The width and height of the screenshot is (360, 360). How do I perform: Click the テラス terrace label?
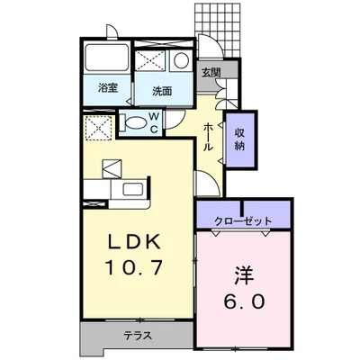coord(138,336)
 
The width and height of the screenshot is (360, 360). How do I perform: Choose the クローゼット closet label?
coord(244,219)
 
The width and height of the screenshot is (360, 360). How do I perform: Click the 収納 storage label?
coord(241,139)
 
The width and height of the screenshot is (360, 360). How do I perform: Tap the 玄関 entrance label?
coord(211,71)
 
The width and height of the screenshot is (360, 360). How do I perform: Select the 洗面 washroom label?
coord(162,90)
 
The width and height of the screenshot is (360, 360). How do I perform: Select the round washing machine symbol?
coord(181,61)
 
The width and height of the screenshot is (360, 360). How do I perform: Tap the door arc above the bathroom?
coord(110,33)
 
